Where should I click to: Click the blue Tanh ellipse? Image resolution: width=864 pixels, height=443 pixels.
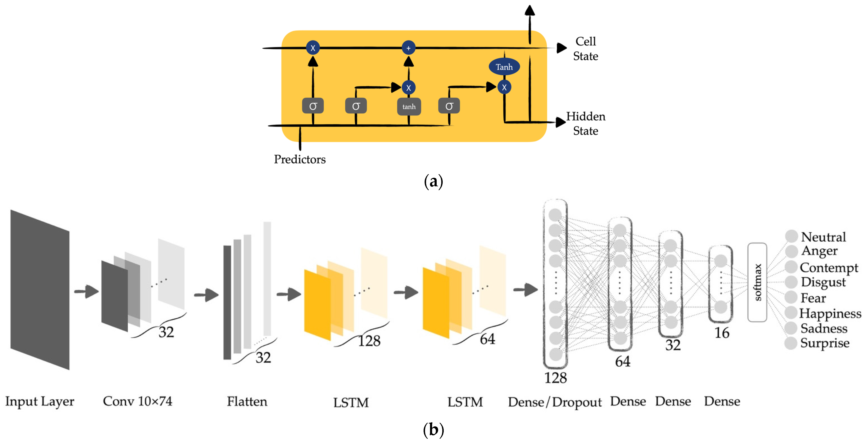click(504, 67)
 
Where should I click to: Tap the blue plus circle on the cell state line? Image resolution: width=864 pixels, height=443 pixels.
click(408, 48)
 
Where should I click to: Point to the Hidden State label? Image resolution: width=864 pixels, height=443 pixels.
click(586, 123)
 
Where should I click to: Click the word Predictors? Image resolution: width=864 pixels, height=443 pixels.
click(300, 159)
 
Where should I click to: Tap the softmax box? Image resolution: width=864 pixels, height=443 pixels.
click(757, 282)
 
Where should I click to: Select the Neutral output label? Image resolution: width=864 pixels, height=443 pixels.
click(823, 237)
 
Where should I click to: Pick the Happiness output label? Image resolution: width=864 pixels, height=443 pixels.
click(830, 313)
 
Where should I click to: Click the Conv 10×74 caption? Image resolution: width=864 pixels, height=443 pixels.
click(138, 401)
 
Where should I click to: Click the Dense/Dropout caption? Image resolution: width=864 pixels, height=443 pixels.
click(555, 402)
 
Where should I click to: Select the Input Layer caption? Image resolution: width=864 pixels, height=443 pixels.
click(40, 401)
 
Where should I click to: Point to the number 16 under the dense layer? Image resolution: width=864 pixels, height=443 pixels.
click(721, 333)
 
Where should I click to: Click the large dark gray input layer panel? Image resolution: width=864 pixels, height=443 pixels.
click(40, 290)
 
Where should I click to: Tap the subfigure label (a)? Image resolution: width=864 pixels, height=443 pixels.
click(433, 182)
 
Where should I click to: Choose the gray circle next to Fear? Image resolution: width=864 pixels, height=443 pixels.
click(791, 297)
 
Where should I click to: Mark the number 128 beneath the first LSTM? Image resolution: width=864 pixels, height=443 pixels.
click(369, 341)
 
